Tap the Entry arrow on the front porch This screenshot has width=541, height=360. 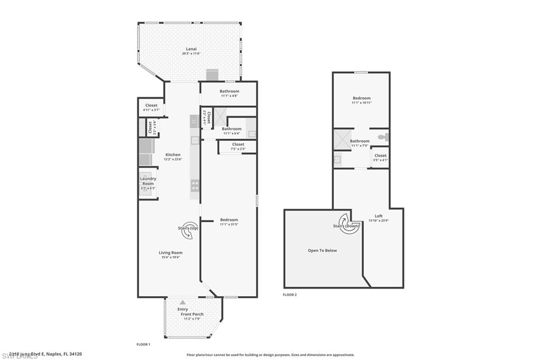183,302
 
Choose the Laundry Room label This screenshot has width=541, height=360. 148,181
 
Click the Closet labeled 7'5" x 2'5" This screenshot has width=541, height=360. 238,146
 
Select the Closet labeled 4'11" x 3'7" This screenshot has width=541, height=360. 151,107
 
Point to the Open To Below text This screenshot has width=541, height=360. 322,251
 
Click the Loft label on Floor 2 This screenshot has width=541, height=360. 378,216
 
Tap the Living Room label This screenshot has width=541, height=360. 171,253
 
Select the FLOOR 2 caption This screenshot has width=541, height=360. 290,295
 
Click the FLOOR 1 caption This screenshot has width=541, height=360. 143,344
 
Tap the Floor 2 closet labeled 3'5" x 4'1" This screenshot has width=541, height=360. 380,158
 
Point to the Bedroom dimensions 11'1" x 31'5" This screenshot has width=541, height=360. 229,225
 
